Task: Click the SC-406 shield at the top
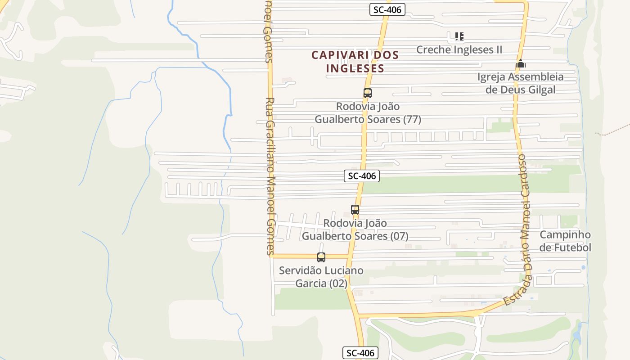point(387,9)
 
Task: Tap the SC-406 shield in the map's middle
point(362,176)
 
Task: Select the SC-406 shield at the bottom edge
point(360,353)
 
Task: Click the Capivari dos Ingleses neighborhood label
point(355,62)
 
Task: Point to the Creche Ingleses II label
point(459,49)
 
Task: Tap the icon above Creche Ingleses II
point(459,36)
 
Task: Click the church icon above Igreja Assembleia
point(521,64)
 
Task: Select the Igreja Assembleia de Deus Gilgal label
point(521,83)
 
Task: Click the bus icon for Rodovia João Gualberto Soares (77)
point(368,93)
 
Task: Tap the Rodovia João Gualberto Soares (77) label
point(368,113)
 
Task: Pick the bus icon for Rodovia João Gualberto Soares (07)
point(355,209)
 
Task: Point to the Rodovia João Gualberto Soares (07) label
point(355,229)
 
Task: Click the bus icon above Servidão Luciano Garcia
point(321,257)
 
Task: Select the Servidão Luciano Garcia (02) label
point(321,277)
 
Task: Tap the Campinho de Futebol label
point(565,241)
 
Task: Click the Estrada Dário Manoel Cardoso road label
point(521,229)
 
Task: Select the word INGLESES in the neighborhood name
point(355,68)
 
